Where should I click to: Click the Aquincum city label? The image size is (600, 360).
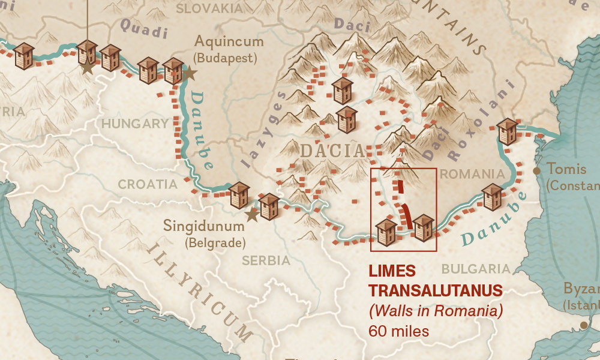pos(229,42)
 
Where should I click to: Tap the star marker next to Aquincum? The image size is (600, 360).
pos(189,73)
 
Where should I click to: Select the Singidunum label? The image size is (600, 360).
pos(204,227)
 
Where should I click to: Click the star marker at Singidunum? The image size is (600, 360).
pos(252,214)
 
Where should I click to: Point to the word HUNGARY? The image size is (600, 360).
pos(135,124)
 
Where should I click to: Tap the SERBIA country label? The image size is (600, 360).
pos(266,260)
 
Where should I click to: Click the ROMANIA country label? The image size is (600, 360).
pos(472,174)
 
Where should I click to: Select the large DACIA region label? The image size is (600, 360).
pos(332,151)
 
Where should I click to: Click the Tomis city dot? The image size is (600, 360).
pos(537,171)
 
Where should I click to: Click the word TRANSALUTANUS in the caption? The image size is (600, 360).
pos(435,291)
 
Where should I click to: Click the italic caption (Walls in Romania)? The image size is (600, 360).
pos(435,311)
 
